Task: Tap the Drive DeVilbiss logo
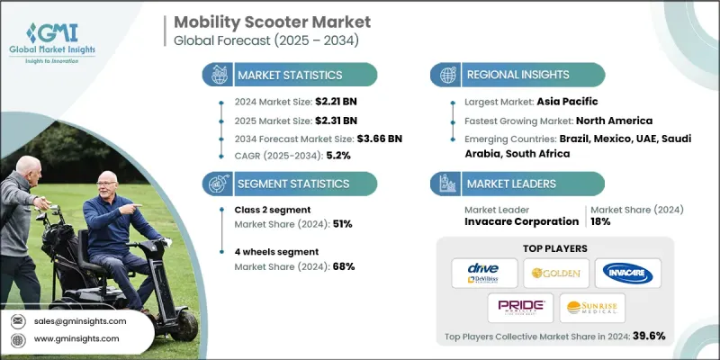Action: (x=484, y=273)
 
